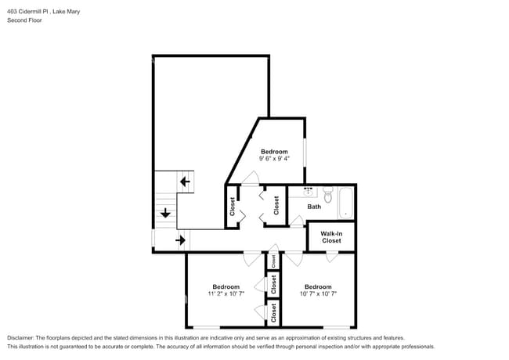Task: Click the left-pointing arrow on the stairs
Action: pyautogui.click(x=185, y=182)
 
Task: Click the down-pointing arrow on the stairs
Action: pyautogui.click(x=165, y=212)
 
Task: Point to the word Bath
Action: pyautogui.click(x=314, y=207)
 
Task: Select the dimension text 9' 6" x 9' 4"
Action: pyautogui.click(x=274, y=159)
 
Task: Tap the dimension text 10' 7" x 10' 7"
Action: pyautogui.click(x=319, y=294)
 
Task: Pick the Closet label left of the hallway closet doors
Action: pyautogui.click(x=233, y=206)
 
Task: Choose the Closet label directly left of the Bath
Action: pyautogui.click(x=276, y=206)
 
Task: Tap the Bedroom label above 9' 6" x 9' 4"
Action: pyautogui.click(x=274, y=151)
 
